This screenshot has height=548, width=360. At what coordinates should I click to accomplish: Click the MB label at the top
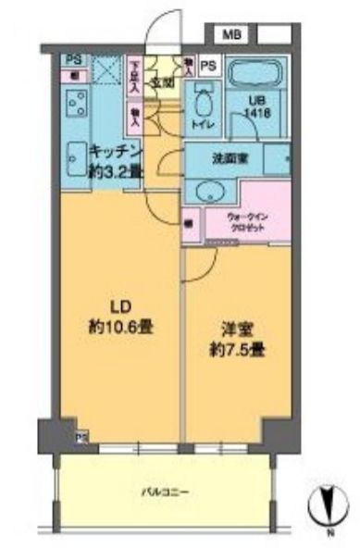[228, 36]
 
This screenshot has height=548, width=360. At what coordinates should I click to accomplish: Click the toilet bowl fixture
[202, 98]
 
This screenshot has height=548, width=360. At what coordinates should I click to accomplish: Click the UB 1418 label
[256, 106]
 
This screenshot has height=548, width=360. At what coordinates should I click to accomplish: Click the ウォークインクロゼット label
[248, 223]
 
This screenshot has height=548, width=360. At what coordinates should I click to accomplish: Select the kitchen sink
[75, 163]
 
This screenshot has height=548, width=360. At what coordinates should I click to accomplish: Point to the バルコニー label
[167, 492]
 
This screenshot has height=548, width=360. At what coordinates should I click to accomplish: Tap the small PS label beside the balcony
[81, 438]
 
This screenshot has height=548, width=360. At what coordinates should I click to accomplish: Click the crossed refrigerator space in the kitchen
[106, 68]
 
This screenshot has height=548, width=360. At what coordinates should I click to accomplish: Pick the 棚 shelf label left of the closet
[189, 222]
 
